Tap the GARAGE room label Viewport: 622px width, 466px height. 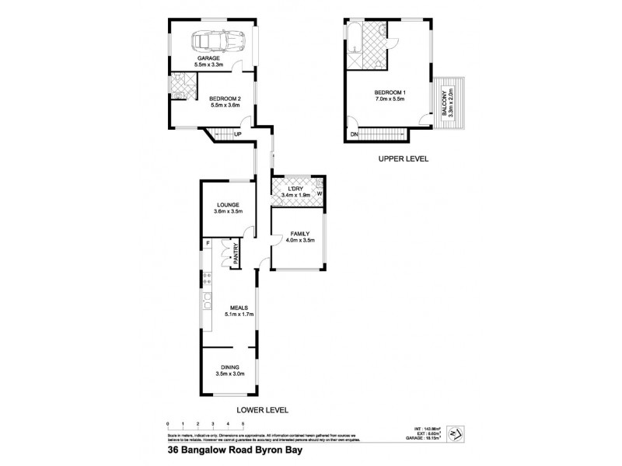point(207,58)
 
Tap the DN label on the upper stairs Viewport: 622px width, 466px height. point(354,134)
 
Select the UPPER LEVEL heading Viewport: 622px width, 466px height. point(404,158)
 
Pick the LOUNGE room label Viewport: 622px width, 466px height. point(229,205)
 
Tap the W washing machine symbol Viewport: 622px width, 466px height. point(320,194)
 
